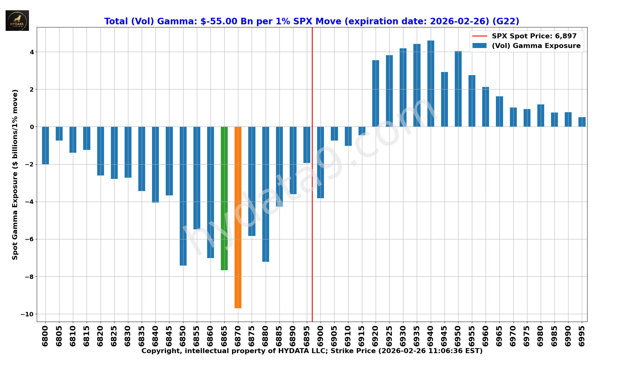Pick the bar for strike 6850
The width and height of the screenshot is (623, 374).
[183, 196]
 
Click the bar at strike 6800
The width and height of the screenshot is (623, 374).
[45, 145]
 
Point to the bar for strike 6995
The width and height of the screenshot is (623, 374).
[582, 122]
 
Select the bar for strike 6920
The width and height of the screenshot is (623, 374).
[376, 93]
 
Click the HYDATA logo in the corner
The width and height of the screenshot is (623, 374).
[17, 21]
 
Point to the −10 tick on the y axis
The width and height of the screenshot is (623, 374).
[27, 314]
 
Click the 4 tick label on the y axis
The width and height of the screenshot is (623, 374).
[32, 52]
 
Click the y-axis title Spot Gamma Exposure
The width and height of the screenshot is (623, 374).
[15, 175]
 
